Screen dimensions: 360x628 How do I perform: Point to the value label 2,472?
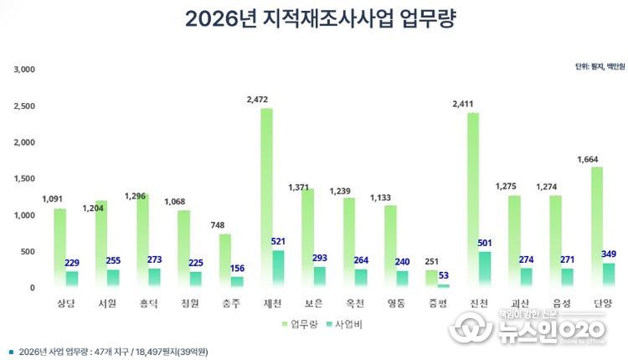tap(258, 100)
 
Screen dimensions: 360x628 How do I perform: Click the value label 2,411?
tap(464, 105)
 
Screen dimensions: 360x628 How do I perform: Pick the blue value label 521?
tap(279, 242)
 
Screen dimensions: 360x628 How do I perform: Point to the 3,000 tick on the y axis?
tap(23, 69)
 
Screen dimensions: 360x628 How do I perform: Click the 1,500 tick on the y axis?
tap(23, 179)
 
